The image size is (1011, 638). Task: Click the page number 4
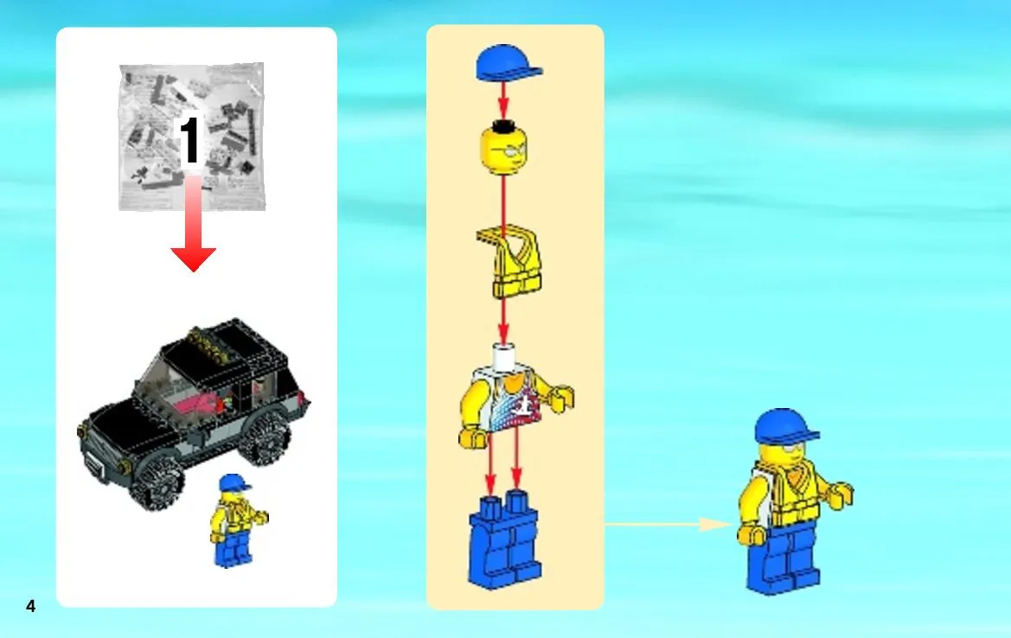tap(30, 606)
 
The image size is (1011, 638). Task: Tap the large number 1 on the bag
tap(189, 141)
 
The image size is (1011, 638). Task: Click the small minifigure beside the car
tap(236, 520)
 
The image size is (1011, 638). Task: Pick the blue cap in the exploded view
tap(508, 63)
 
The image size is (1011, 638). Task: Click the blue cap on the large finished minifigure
tap(785, 425)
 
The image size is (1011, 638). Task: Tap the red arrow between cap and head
tap(503, 100)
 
